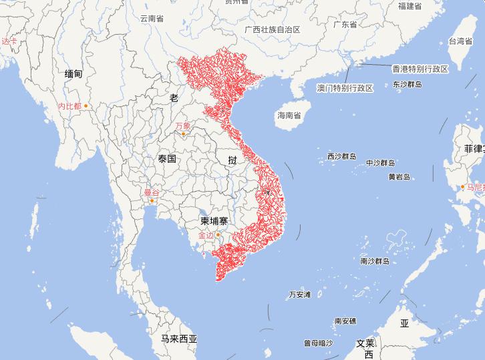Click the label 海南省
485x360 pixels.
(x=289, y=116)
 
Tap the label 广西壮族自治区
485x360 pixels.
(x=273, y=30)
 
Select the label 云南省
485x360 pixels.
(x=152, y=19)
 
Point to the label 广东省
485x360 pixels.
(x=345, y=25)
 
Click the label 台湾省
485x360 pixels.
(x=460, y=41)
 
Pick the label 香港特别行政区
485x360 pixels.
(x=420, y=69)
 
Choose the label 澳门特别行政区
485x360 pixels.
(x=345, y=88)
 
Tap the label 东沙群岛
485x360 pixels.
(x=408, y=85)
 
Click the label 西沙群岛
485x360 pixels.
(x=341, y=156)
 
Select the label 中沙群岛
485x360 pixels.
(x=380, y=163)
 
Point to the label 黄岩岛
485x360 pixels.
(x=399, y=177)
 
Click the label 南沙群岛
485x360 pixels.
(x=374, y=261)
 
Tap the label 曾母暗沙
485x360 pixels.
(x=318, y=343)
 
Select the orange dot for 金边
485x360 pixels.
(x=217, y=234)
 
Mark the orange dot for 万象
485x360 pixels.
(x=183, y=134)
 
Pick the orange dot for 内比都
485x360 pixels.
(x=86, y=106)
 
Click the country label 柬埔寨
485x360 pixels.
(x=215, y=220)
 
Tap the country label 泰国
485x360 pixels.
(x=167, y=159)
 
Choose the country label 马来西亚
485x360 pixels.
(x=179, y=339)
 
